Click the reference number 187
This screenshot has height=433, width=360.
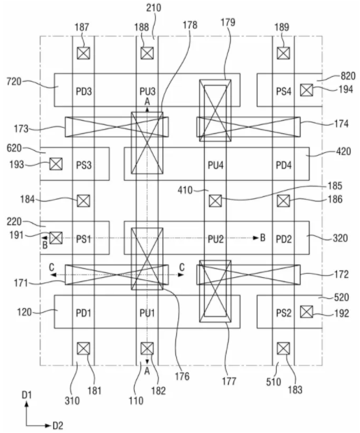[x=82, y=27]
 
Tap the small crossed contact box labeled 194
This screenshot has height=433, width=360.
[x=306, y=90]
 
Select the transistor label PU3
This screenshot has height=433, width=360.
[x=147, y=91]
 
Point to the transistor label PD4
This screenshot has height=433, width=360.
[x=284, y=165]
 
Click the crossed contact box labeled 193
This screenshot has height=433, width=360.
[x=56, y=164]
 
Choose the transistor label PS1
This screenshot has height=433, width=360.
[x=83, y=239]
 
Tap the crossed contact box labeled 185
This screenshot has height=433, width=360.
[x=215, y=200]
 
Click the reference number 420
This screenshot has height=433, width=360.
[x=343, y=152]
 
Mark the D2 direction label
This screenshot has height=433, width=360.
[x=57, y=425]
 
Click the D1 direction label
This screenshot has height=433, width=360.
[x=27, y=395]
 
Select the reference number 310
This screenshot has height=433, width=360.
[x=72, y=400]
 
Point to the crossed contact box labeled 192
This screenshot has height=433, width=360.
[x=306, y=311]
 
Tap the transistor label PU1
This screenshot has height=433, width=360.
[x=147, y=313]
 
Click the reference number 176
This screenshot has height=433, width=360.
[x=182, y=376]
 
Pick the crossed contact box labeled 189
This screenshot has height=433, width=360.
[x=283, y=53]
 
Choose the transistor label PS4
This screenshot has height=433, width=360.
[x=284, y=91]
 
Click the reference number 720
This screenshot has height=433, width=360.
[x=14, y=82]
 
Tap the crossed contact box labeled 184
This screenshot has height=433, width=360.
[x=83, y=200]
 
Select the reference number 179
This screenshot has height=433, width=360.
[x=228, y=22]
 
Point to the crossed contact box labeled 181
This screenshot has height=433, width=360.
[x=83, y=348]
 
